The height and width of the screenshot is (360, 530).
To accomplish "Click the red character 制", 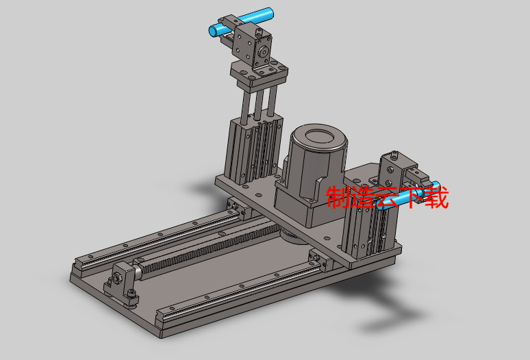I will click(x=339, y=198).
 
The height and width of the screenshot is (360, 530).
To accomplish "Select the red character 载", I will click(x=436, y=198).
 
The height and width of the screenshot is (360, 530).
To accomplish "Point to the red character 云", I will click(x=388, y=198).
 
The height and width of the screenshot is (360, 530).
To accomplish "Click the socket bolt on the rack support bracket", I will click(x=116, y=280).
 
